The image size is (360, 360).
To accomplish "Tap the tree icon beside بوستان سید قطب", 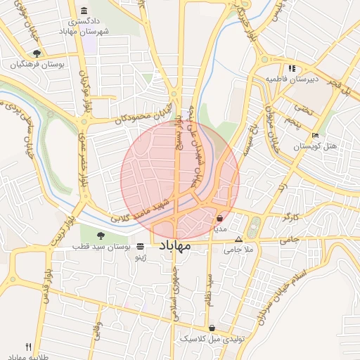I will pos(100,236).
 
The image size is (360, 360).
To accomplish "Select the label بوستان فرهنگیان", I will pos(37,64).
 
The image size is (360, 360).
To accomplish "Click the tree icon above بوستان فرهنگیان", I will pos(37,53).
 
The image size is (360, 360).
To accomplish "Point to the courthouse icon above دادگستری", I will pos(85,11).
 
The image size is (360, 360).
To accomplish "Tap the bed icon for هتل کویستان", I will pos(316,135).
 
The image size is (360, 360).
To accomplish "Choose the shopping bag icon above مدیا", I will pos(220,219).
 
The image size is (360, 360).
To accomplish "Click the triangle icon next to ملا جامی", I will pos(238,239).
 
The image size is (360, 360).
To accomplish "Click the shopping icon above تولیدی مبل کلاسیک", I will pos(212,328).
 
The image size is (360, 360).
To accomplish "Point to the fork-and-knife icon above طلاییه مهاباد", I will pos(29,346).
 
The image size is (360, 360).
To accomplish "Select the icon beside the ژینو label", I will pos(141,247).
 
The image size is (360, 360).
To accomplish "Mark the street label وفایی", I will pos(98,331).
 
